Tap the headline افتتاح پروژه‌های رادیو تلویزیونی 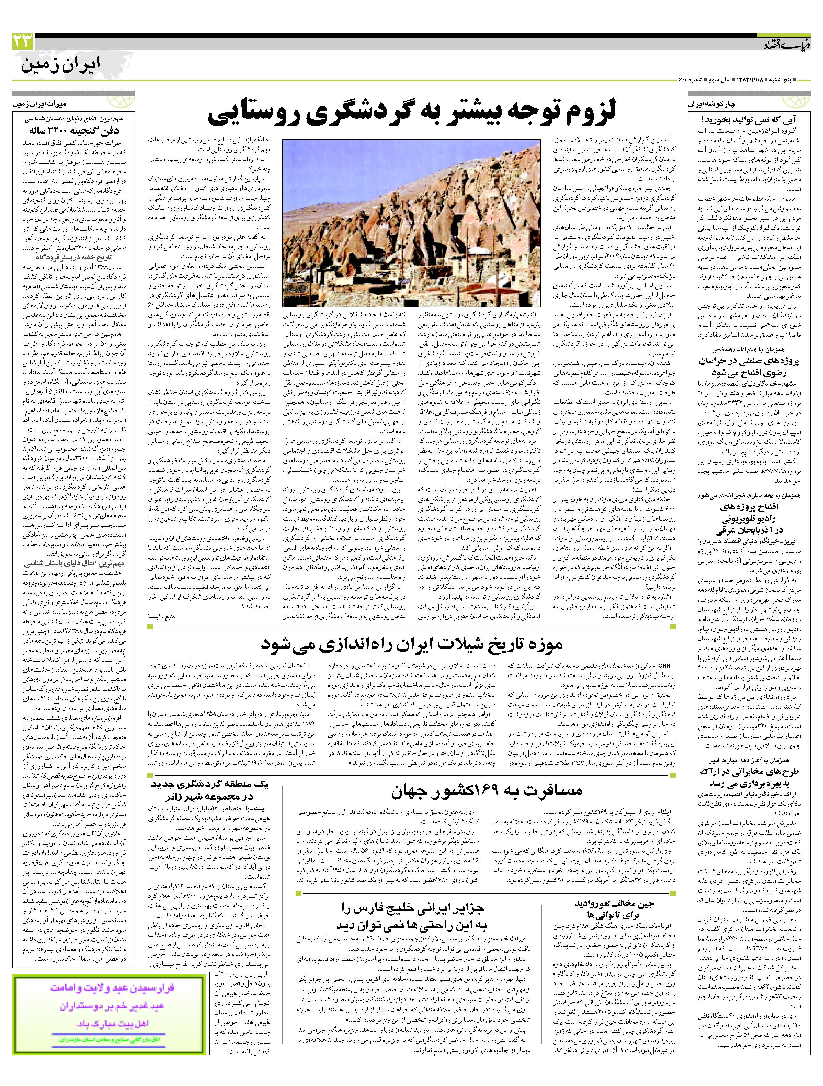745,518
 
